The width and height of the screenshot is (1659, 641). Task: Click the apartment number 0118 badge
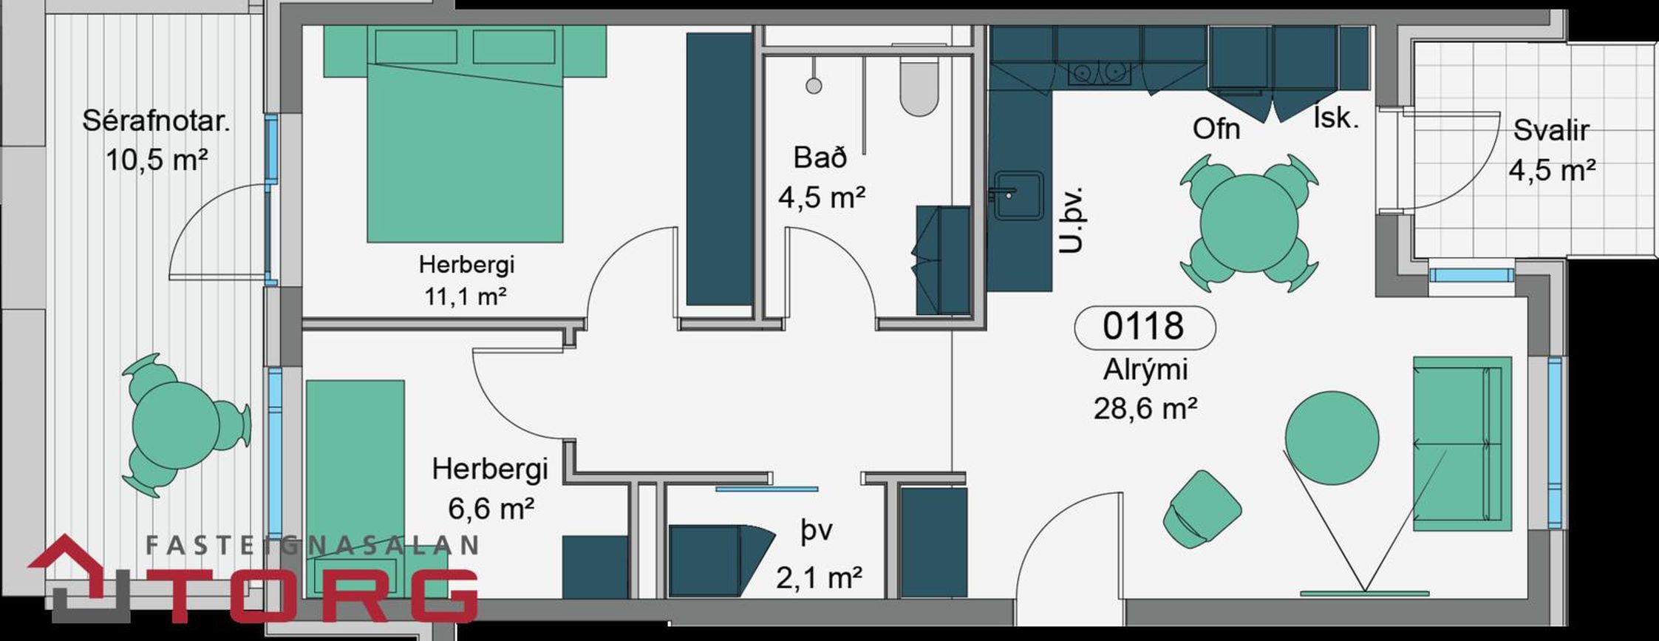1144,327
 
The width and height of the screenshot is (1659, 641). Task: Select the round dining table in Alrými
1249,223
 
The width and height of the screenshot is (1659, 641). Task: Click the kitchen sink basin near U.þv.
1018,196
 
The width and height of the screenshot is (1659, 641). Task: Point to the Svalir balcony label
1551,130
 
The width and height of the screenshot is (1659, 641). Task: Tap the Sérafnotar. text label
156,121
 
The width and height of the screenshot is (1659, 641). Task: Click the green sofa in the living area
1462,444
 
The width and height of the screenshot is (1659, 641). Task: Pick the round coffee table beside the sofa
1332,438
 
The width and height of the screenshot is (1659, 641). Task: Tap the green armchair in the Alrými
1202,509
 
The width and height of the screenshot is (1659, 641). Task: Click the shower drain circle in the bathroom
814,86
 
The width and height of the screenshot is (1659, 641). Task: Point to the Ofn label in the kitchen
1216,129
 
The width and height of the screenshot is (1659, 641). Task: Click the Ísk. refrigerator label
1336,118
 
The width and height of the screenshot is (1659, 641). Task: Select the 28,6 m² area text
1145,408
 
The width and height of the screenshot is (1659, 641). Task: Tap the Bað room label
820,157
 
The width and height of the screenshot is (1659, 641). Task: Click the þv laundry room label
817,532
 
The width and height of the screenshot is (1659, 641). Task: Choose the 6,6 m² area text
491,509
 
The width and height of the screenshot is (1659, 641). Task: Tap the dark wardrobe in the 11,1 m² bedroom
720,169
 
